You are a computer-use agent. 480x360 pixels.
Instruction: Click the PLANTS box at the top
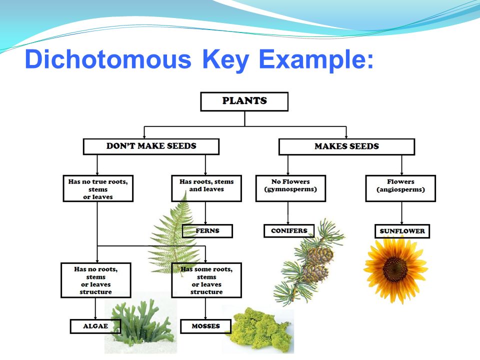(244, 101)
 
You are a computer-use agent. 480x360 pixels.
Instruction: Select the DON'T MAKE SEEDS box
(151, 146)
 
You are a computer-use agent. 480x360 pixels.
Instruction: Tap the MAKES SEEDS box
(346, 146)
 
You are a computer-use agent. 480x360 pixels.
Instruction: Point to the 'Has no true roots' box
(98, 188)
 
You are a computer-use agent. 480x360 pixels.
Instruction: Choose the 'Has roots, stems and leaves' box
(206, 188)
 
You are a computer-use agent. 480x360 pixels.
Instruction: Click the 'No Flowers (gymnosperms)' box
(290, 188)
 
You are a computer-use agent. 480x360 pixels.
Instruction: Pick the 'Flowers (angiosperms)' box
(400, 188)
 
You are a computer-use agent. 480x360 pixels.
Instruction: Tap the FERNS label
(207, 231)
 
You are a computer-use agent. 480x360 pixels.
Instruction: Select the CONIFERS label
(289, 231)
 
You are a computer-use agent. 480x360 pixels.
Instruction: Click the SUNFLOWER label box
(402, 231)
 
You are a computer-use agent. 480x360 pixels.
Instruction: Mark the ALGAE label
(95, 326)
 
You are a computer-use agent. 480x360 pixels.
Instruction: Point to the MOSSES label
(205, 326)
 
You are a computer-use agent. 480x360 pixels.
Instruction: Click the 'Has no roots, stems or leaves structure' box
(96, 280)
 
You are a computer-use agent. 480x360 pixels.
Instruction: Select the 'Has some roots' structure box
(206, 280)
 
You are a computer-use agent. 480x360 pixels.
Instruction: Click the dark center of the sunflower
(395, 269)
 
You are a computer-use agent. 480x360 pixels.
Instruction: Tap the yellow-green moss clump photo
(260, 329)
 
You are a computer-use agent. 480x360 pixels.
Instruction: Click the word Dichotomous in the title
(108, 59)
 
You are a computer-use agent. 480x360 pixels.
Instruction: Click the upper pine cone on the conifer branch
(320, 254)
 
